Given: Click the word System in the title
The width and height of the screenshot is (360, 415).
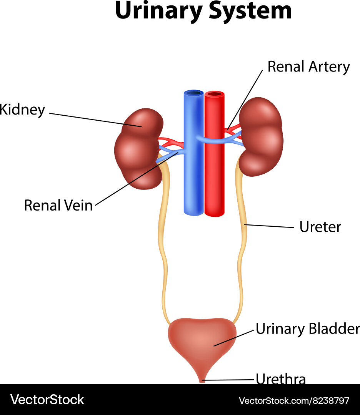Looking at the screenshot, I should [250, 12].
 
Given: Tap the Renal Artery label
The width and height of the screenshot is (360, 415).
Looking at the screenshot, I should [308, 66].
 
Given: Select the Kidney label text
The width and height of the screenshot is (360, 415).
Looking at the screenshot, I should [22, 110].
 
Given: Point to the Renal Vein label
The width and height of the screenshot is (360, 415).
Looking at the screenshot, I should [58, 205].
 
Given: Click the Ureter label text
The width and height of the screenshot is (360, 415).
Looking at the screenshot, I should [320, 227].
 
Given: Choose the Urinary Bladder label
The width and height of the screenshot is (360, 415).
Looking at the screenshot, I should [307, 329].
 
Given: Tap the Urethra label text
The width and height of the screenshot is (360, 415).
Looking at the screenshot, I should [281, 379].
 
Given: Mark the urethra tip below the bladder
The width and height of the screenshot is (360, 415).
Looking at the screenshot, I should [202, 380].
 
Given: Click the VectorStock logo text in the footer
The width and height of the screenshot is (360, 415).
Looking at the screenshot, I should [47, 400].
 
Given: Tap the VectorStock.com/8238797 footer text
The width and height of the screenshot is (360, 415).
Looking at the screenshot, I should [294, 401].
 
